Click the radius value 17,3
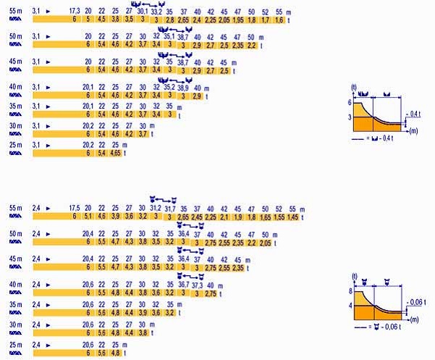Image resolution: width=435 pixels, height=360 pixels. (75, 12)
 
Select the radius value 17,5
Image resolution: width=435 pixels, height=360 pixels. (75, 207)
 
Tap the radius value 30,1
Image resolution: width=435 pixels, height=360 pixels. (142, 12)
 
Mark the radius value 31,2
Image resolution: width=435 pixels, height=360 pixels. (156, 207)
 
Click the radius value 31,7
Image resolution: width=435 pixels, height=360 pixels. (170, 207)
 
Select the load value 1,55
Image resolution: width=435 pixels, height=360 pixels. (279, 216)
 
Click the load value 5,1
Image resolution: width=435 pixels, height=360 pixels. (88, 216)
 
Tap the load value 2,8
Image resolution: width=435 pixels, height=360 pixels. (170, 20)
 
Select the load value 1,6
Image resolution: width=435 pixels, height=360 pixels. (280, 20)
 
